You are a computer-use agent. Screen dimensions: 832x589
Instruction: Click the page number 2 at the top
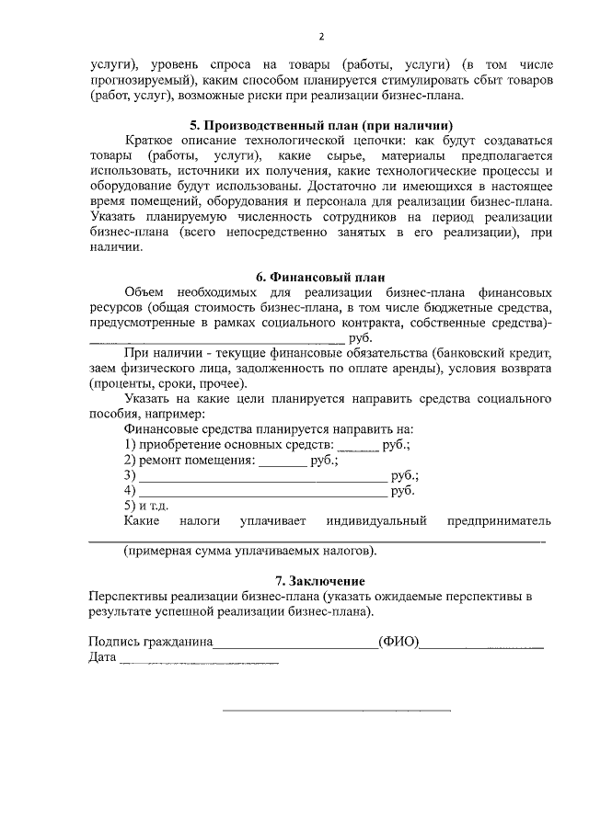pyautogui.click(x=321, y=38)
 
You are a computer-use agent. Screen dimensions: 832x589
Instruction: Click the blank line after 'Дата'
pyautogui.click(x=199, y=661)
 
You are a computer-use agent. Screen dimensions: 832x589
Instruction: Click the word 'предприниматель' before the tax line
pyautogui.click(x=499, y=521)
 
